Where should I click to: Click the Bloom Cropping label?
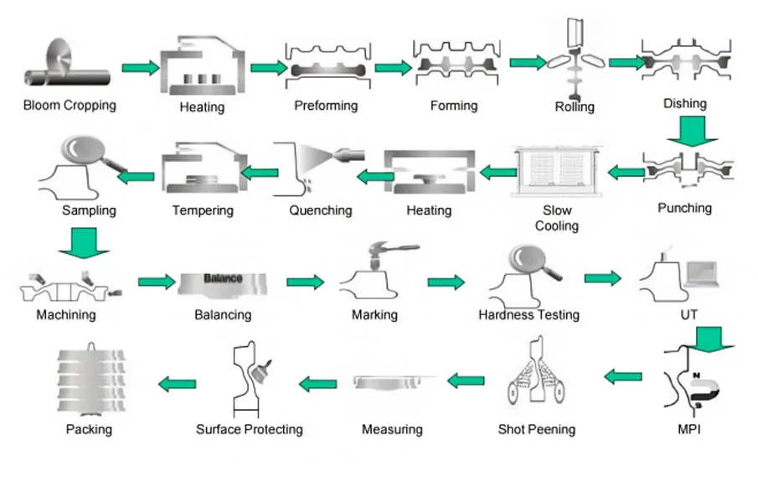coord(70,106)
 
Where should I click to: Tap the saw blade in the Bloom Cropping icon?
coord(59,58)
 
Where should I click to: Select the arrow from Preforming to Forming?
coord(394,67)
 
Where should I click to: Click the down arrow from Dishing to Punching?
coord(693,131)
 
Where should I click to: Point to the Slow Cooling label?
coord(557,218)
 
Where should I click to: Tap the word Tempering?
coord(203,210)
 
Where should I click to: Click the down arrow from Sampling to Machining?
coord(84,243)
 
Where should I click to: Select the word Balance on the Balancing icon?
coord(223,278)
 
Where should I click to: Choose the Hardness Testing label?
coord(529,315)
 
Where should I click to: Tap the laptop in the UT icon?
coord(703,275)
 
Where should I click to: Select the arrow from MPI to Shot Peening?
coord(623,376)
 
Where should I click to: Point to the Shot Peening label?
coord(537,429)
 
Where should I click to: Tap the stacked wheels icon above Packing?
coord(91,379)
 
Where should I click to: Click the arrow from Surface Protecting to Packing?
coord(178,384)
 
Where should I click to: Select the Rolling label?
coord(575,107)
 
